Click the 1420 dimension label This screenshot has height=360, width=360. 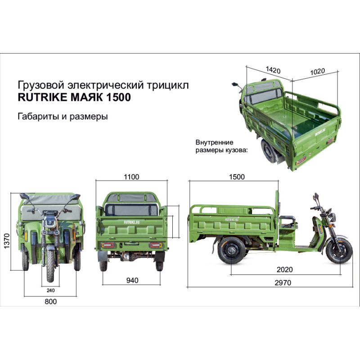tap(273, 70)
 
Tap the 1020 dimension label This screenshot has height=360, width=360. tap(318, 72)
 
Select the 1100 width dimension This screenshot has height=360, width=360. tap(131, 177)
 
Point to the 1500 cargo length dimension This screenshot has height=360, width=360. tap(237, 177)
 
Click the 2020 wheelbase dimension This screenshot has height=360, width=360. tap(285, 269)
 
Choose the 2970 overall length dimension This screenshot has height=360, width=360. tap(283, 283)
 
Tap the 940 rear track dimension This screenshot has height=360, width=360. tap(132, 280)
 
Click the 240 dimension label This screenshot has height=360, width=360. tap(50, 290)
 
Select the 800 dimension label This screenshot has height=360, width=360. tap(50, 301)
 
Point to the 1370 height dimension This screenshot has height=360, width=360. tap(7, 241)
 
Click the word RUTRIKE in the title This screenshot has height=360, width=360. tap(42, 97)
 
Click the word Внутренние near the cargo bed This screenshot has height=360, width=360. tap(215, 142)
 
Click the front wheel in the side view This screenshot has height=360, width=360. tap(339, 251)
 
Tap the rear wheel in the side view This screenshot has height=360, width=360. tap(231, 251)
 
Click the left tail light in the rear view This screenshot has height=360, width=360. tap(108, 245)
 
